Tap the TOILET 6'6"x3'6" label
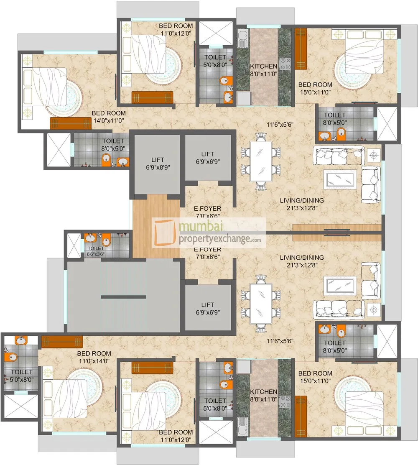point(95,251)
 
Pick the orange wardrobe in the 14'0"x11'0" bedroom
point(70,123)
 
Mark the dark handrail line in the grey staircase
point(123,297)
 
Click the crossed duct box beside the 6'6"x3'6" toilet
point(74,244)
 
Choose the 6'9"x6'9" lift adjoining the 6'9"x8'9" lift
point(207,157)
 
